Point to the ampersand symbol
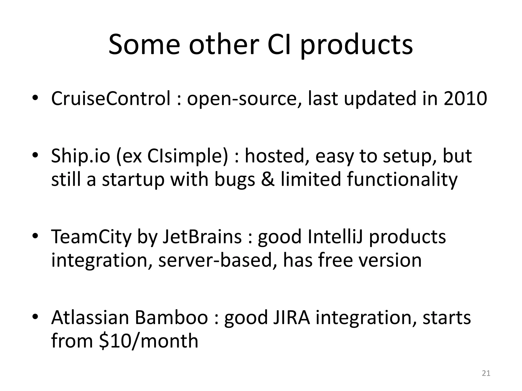pos(267,179)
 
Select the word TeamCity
pos(91,237)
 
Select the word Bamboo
pos(171,318)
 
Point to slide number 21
pos(486,373)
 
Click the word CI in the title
pos(279,45)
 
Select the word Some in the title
pos(144,45)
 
